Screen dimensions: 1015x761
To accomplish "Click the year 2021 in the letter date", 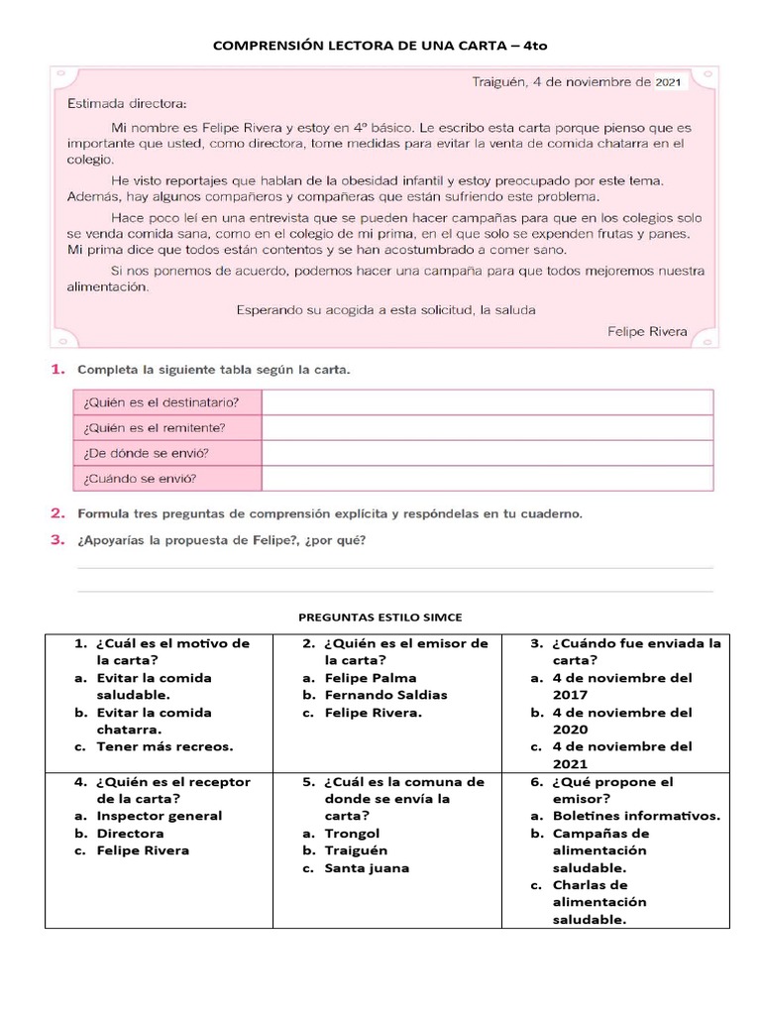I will [668, 83].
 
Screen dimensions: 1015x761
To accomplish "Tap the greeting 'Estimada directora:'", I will [126, 103].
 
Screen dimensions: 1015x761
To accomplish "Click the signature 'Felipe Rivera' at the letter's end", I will [646, 332].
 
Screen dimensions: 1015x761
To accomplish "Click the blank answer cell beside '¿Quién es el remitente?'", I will [487, 428].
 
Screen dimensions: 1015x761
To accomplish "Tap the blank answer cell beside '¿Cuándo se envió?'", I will [487, 479].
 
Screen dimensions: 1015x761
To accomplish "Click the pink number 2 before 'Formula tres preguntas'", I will [57, 513].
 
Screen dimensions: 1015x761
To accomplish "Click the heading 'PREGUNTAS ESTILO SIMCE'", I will [380, 618].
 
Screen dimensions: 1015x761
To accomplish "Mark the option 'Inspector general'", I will [159, 816].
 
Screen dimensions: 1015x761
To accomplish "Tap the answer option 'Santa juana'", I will [367, 868].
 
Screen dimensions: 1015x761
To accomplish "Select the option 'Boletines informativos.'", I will [636, 816].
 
